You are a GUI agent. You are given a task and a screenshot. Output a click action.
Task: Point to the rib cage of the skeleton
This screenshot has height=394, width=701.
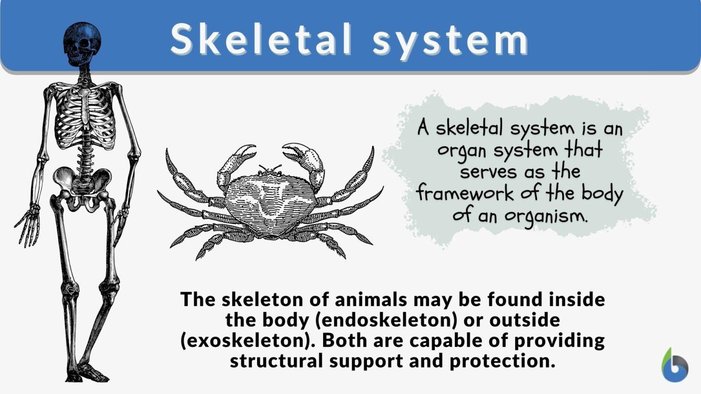[85, 116]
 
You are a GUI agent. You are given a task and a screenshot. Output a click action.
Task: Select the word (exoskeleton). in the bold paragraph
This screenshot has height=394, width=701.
[248, 341]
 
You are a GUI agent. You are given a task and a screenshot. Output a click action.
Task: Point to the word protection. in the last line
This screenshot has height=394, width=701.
[502, 361]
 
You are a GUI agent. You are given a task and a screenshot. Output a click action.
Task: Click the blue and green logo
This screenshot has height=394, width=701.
[675, 365]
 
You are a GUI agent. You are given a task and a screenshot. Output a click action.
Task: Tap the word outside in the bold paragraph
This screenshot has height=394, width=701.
[524, 320]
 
